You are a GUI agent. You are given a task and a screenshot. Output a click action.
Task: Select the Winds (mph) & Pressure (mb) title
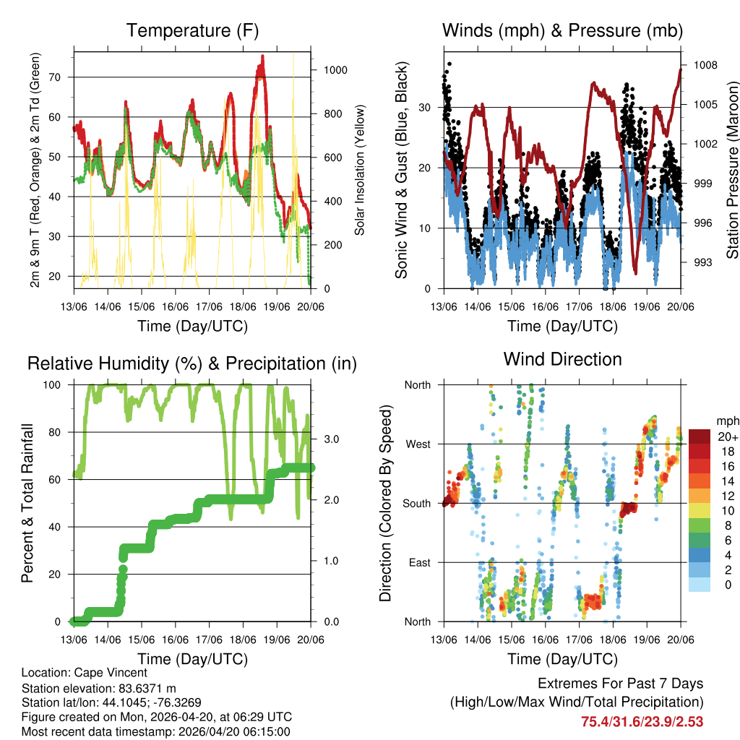tap(562, 31)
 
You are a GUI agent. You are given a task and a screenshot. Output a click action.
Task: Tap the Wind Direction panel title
tap(562, 359)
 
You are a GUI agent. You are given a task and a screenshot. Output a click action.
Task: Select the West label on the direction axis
tap(417, 444)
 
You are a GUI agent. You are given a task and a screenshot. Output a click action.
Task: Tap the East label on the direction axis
tap(418, 563)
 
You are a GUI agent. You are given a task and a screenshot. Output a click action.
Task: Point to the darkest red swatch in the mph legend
tap(699, 436)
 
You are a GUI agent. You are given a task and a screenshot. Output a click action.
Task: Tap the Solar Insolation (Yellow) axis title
tap(359, 170)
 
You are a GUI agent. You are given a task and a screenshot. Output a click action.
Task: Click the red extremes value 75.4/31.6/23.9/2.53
tap(642, 721)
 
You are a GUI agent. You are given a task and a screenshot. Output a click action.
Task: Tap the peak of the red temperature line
tap(262, 56)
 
